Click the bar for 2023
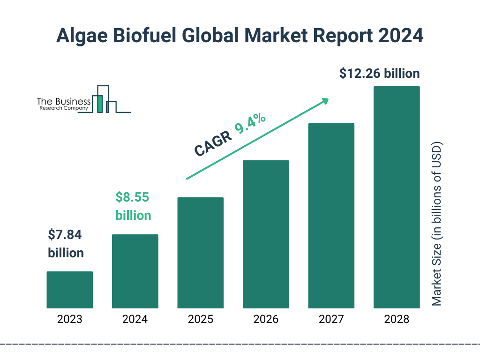(69, 290)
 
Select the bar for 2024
(135, 271)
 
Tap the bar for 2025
(200, 253)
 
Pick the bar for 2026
(265, 234)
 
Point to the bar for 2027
(331, 216)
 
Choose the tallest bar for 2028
(396, 197)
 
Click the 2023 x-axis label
(69, 320)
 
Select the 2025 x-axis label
(200, 320)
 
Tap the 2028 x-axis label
(396, 320)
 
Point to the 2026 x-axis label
(265, 320)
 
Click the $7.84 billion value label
(66, 244)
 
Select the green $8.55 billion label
(133, 206)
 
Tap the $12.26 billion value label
(380, 74)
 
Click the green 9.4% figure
(250, 124)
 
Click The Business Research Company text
(63, 104)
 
